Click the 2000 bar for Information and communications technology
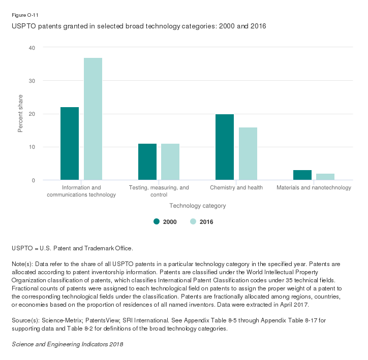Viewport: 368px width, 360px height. (x=70, y=144)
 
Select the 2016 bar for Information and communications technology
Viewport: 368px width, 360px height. (x=93, y=119)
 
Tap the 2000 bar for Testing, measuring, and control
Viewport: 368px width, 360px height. (x=147, y=162)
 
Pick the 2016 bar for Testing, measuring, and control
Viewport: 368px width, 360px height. (x=170, y=162)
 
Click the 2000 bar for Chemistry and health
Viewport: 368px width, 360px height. (x=225, y=147)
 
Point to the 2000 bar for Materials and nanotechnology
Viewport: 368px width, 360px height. (x=302, y=175)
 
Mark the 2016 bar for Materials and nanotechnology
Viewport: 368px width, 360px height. (x=325, y=177)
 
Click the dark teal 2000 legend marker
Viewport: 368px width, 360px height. (x=157, y=221)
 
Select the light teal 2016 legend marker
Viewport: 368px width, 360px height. (x=193, y=221)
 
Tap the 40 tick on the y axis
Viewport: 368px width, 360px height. (x=32, y=48)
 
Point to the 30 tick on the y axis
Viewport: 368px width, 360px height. (x=32, y=81)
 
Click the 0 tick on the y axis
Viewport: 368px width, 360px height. (x=34, y=181)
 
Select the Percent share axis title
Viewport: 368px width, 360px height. (x=21, y=114)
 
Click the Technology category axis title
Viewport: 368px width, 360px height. (x=198, y=206)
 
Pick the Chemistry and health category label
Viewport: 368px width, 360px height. (x=236, y=188)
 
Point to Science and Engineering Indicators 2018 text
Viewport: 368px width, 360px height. (x=67, y=344)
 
